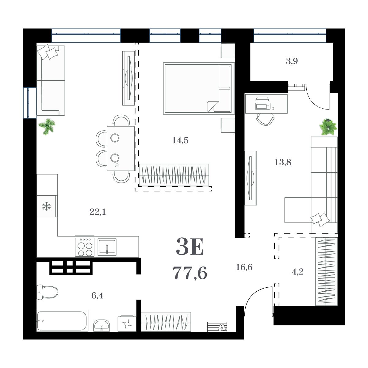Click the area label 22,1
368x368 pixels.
click(98, 212)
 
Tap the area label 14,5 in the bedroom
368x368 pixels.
click(180, 140)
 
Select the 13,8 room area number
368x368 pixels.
click(283, 162)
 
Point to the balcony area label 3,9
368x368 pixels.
click(292, 61)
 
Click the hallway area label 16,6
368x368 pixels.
click(244, 267)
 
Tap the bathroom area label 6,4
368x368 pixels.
click(98, 296)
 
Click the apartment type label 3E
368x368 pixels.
click(190, 248)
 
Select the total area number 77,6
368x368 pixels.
click(190, 273)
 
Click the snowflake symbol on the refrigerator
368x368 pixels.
click(47, 206)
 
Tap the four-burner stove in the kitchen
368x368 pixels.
click(84, 247)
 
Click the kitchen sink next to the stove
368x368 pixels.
click(107, 247)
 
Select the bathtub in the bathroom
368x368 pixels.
click(62, 321)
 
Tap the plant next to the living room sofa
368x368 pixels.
click(47, 126)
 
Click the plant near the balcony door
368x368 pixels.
click(328, 127)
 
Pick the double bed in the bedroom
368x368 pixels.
click(198, 88)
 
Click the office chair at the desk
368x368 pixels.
click(265, 119)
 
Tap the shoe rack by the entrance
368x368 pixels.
click(217, 327)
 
